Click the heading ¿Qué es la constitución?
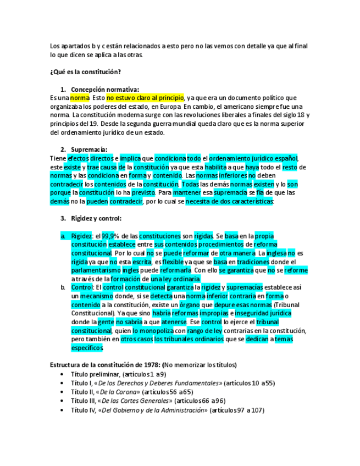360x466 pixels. [x=85, y=71]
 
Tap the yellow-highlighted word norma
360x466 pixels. [x=80, y=97]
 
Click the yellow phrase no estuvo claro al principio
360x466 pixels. [x=146, y=97]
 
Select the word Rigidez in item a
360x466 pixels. [x=82, y=236]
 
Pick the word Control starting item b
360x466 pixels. [x=82, y=287]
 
